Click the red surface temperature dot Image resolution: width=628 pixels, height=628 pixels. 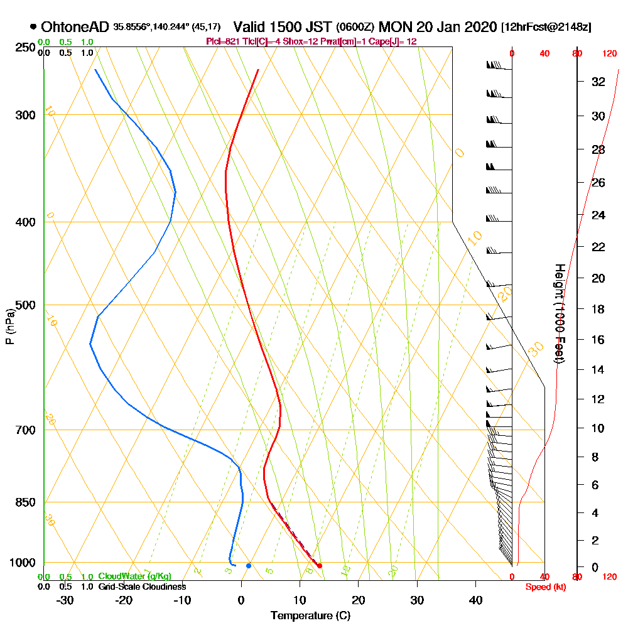(320, 566)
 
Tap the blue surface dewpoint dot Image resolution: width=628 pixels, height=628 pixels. (249, 566)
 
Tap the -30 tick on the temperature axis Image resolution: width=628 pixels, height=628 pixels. (65, 600)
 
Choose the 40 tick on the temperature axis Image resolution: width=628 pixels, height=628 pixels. (475, 600)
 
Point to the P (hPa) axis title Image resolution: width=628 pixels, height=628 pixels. (9, 327)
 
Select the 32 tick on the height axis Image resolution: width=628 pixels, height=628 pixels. (598, 82)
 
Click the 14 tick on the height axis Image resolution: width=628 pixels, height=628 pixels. (598, 369)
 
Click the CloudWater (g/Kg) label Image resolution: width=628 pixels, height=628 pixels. (134, 577)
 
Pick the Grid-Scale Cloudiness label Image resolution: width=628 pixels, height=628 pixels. (142, 587)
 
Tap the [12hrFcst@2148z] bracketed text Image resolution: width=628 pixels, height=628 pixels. (546, 28)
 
